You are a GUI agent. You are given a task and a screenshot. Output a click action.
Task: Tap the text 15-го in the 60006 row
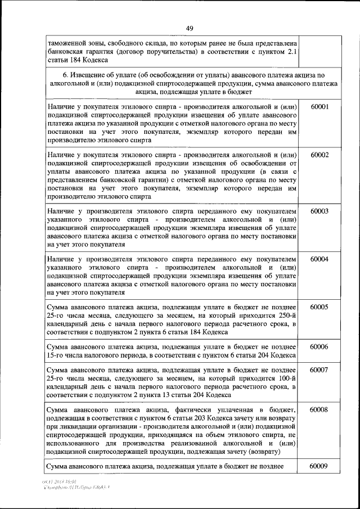tap(57, 355)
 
